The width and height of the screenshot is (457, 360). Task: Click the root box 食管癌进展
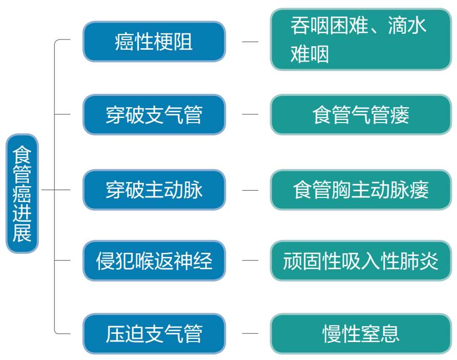pyautogui.click(x=22, y=193)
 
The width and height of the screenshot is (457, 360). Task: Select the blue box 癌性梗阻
pyautogui.click(x=154, y=42)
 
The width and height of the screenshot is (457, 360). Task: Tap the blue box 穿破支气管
pyautogui.click(x=154, y=114)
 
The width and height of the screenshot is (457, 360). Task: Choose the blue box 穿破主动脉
pyautogui.click(x=154, y=190)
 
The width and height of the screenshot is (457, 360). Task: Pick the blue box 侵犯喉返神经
pyautogui.click(x=154, y=261)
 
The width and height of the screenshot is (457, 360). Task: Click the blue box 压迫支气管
pyautogui.click(x=154, y=333)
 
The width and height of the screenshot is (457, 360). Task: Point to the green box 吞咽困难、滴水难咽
pyautogui.click(x=361, y=39)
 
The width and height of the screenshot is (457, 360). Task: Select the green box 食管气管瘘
pyautogui.click(x=361, y=114)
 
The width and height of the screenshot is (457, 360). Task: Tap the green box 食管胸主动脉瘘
pyautogui.click(x=361, y=190)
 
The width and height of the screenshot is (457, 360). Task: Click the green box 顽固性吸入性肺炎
pyautogui.click(x=361, y=261)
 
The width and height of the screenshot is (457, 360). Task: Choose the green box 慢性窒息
pyautogui.click(x=361, y=333)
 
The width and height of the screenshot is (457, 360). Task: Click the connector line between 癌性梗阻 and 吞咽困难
pyautogui.click(x=250, y=42)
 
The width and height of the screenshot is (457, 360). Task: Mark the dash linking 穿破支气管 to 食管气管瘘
pyautogui.click(x=250, y=114)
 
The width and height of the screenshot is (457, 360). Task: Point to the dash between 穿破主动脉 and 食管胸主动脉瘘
pyautogui.click(x=250, y=190)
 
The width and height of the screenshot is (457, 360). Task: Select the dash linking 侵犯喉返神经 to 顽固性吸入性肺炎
pyautogui.click(x=250, y=260)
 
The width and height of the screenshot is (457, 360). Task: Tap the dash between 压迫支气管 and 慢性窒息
pyautogui.click(x=250, y=333)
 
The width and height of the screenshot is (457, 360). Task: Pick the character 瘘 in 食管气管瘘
pyautogui.click(x=400, y=115)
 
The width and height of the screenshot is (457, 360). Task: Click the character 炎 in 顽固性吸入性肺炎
pyautogui.click(x=429, y=261)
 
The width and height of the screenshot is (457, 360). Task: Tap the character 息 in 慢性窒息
pyautogui.click(x=390, y=334)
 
